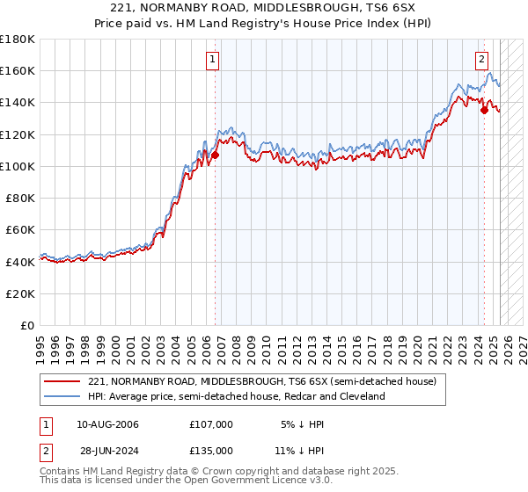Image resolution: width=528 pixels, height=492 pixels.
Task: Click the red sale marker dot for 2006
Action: [x=215, y=156]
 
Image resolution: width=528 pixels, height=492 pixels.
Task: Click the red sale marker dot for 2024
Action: [x=484, y=111]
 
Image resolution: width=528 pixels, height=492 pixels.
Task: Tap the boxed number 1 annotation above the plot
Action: [x=214, y=60]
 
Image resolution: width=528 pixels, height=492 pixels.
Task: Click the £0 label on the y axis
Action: [x=28, y=325]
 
